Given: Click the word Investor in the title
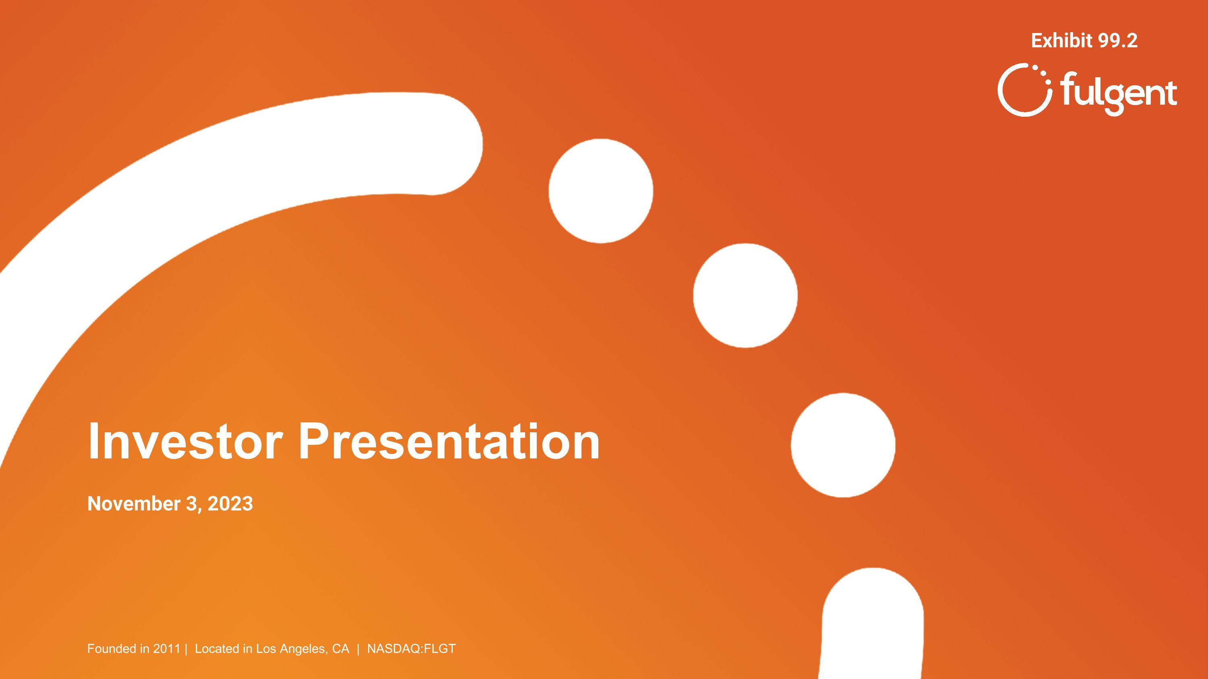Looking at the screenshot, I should (x=185, y=441).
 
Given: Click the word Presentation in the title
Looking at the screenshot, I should (x=449, y=441).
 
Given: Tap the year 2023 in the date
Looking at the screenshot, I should (x=230, y=504).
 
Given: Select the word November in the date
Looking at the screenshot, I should (x=134, y=504).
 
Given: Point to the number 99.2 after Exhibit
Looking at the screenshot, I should (x=1117, y=41).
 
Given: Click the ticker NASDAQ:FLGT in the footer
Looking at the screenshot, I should (x=411, y=648).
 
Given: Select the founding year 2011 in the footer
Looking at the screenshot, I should (x=166, y=648).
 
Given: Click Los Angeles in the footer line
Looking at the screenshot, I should (x=291, y=648).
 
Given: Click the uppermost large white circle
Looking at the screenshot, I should (x=601, y=191).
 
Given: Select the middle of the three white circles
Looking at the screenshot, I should (x=745, y=295).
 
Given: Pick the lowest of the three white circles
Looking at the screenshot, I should (x=843, y=445).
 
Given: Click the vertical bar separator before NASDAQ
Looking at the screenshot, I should (x=358, y=648).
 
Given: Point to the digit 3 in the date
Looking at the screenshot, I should (x=191, y=504).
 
